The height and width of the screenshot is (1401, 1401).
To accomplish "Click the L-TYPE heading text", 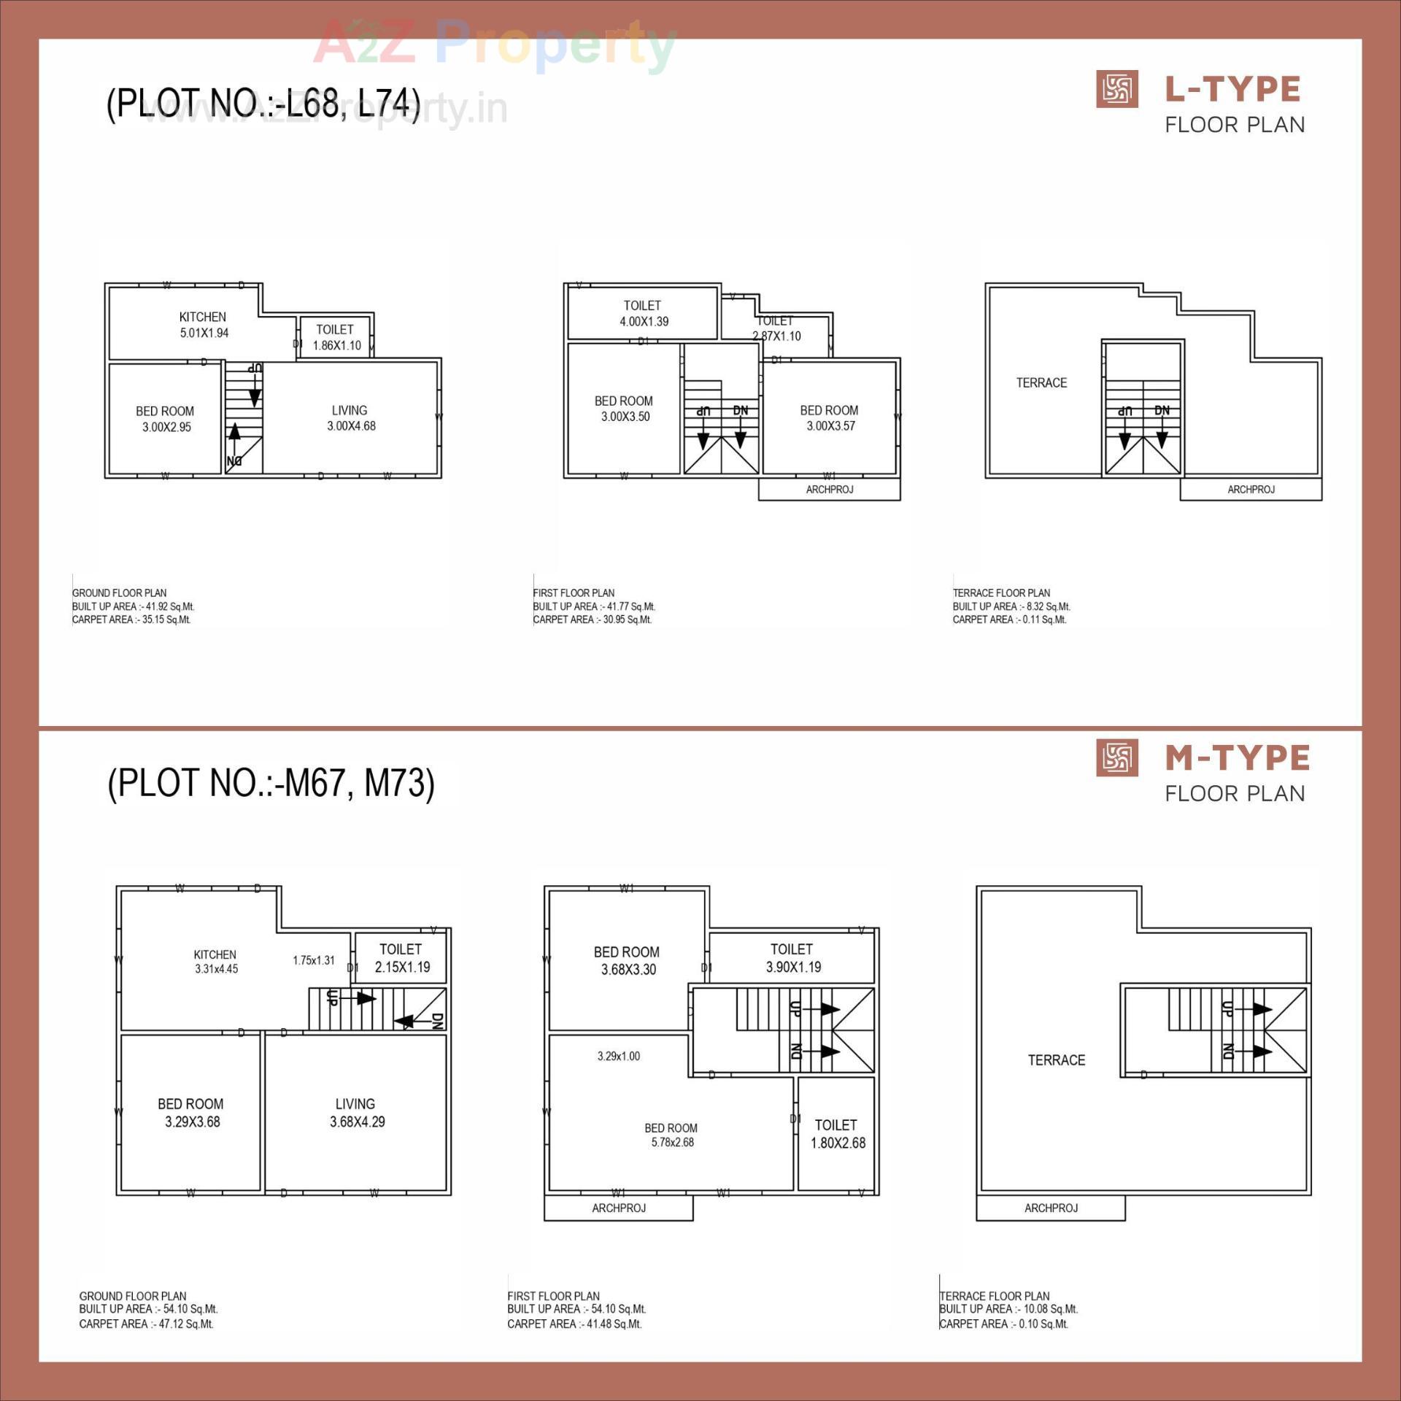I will (1232, 90).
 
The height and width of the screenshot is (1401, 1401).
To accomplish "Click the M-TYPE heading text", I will (1237, 758).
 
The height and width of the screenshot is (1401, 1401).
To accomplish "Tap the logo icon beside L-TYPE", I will (1116, 90).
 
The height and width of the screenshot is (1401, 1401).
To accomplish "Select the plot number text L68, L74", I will (263, 104).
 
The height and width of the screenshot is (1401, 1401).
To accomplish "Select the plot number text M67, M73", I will (271, 783).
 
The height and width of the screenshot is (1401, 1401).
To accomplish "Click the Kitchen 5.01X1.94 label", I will (204, 325).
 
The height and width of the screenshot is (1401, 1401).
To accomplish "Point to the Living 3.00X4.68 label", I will (350, 418).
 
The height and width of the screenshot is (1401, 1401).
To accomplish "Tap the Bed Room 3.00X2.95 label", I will (166, 419).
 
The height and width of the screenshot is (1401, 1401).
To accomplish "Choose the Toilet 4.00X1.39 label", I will (643, 313).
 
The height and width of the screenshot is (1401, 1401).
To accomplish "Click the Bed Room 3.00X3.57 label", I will (830, 418).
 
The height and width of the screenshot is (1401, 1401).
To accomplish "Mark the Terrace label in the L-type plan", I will (1041, 383).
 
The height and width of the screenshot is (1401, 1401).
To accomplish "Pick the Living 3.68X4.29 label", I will (356, 1113).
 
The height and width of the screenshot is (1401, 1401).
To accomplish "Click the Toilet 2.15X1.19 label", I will (401, 958).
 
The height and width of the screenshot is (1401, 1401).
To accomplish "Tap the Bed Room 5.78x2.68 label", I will (671, 1135).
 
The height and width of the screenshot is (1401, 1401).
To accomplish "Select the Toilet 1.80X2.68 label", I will (837, 1134).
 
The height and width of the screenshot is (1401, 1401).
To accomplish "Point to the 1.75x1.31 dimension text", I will (314, 960).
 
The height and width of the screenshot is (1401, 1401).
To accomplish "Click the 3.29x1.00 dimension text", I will (618, 1056).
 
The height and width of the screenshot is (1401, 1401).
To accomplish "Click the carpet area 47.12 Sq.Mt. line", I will (146, 1324).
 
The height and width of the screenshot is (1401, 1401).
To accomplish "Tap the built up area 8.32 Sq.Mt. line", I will (1011, 606).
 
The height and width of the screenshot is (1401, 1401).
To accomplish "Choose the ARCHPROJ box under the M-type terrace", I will (1050, 1208).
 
